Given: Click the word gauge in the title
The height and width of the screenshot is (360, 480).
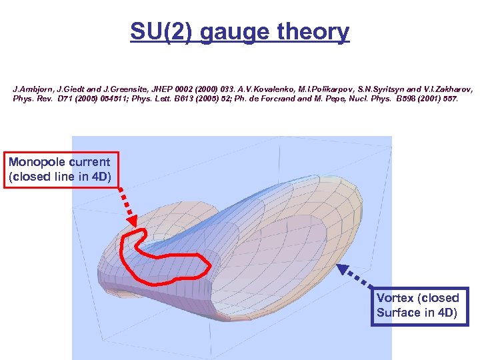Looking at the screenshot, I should (x=234, y=31).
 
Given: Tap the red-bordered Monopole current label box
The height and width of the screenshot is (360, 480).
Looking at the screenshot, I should (x=60, y=169).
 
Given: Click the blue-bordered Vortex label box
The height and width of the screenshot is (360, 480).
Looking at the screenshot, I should (x=419, y=306).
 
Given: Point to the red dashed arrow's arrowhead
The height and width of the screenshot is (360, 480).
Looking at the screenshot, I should (x=131, y=221).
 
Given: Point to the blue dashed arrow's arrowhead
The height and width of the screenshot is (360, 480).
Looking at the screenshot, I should (x=342, y=269).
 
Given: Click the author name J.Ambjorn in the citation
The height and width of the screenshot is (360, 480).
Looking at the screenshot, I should (x=31, y=88).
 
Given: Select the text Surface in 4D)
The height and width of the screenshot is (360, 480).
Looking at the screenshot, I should (x=417, y=313).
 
